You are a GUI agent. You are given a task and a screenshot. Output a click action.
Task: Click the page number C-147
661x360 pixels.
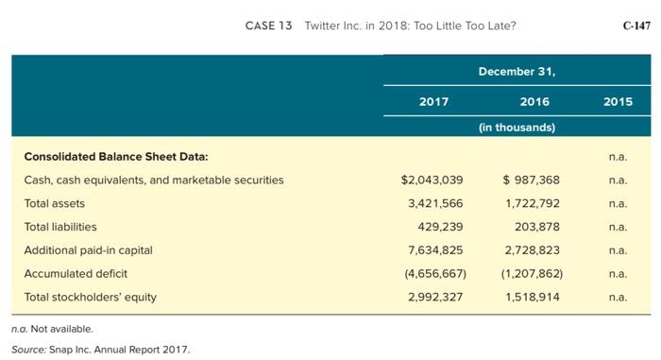coord(636,26)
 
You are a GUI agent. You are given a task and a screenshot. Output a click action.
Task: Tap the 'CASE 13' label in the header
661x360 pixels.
coord(268,26)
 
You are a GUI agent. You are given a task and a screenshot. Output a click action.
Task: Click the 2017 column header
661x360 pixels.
coord(433,102)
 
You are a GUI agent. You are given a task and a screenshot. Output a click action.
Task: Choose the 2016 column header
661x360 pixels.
coord(534,102)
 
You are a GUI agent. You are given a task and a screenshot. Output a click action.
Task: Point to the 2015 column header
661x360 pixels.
coord(618,102)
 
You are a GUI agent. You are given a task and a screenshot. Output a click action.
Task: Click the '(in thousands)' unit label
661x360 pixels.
coord(517,127)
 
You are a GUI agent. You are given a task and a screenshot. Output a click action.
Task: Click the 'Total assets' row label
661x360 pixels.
coord(54,203)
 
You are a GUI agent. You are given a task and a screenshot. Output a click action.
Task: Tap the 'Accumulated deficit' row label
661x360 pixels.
coord(76,274)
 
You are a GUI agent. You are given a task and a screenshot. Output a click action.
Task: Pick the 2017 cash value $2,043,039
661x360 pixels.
coord(432,180)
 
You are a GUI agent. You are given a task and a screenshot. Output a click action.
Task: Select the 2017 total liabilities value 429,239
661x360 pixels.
coord(440,227)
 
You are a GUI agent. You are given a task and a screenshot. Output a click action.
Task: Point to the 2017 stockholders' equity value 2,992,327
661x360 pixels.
coord(435,297)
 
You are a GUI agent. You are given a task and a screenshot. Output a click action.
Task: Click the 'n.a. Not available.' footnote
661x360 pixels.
coord(59,329)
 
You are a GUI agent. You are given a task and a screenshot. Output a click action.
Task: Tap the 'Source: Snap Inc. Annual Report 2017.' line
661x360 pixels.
coord(101,350)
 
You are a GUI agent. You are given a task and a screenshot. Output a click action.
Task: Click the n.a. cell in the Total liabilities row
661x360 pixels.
coord(618,227)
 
